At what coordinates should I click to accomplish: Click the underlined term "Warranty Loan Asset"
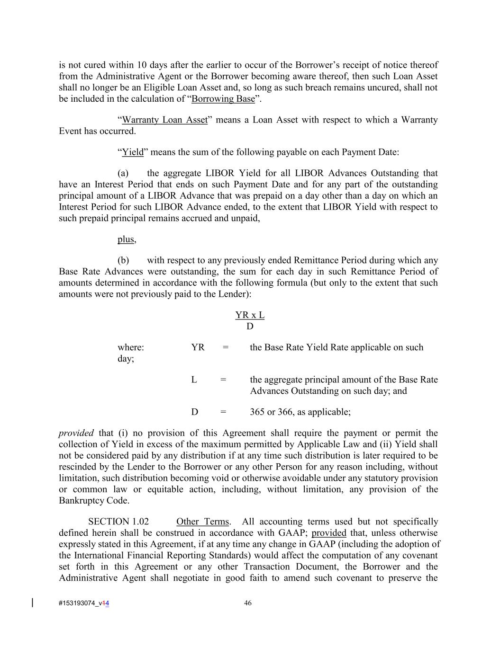(164, 120)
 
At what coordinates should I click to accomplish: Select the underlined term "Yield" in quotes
(133, 152)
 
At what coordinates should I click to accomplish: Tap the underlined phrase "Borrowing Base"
(223, 99)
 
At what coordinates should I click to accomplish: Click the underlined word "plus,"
(127, 239)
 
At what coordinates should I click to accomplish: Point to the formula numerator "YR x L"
(250, 315)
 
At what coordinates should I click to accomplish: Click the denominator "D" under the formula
(250, 327)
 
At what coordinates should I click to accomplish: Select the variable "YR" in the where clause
(198, 347)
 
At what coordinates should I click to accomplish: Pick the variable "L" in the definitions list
(194, 380)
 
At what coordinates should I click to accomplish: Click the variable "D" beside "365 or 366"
(195, 412)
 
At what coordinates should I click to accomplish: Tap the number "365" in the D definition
(257, 412)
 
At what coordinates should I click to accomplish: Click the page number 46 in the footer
(248, 603)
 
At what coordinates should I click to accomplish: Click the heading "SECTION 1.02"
(118, 522)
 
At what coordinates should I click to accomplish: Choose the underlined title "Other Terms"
(202, 522)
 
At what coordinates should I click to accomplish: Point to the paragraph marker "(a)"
(123, 173)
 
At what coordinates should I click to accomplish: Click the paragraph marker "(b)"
(123, 260)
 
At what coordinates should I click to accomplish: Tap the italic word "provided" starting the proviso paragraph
(76, 433)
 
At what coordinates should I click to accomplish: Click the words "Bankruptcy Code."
(94, 501)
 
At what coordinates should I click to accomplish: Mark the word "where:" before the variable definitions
(131, 347)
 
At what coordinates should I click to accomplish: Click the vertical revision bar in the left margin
(32, 602)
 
